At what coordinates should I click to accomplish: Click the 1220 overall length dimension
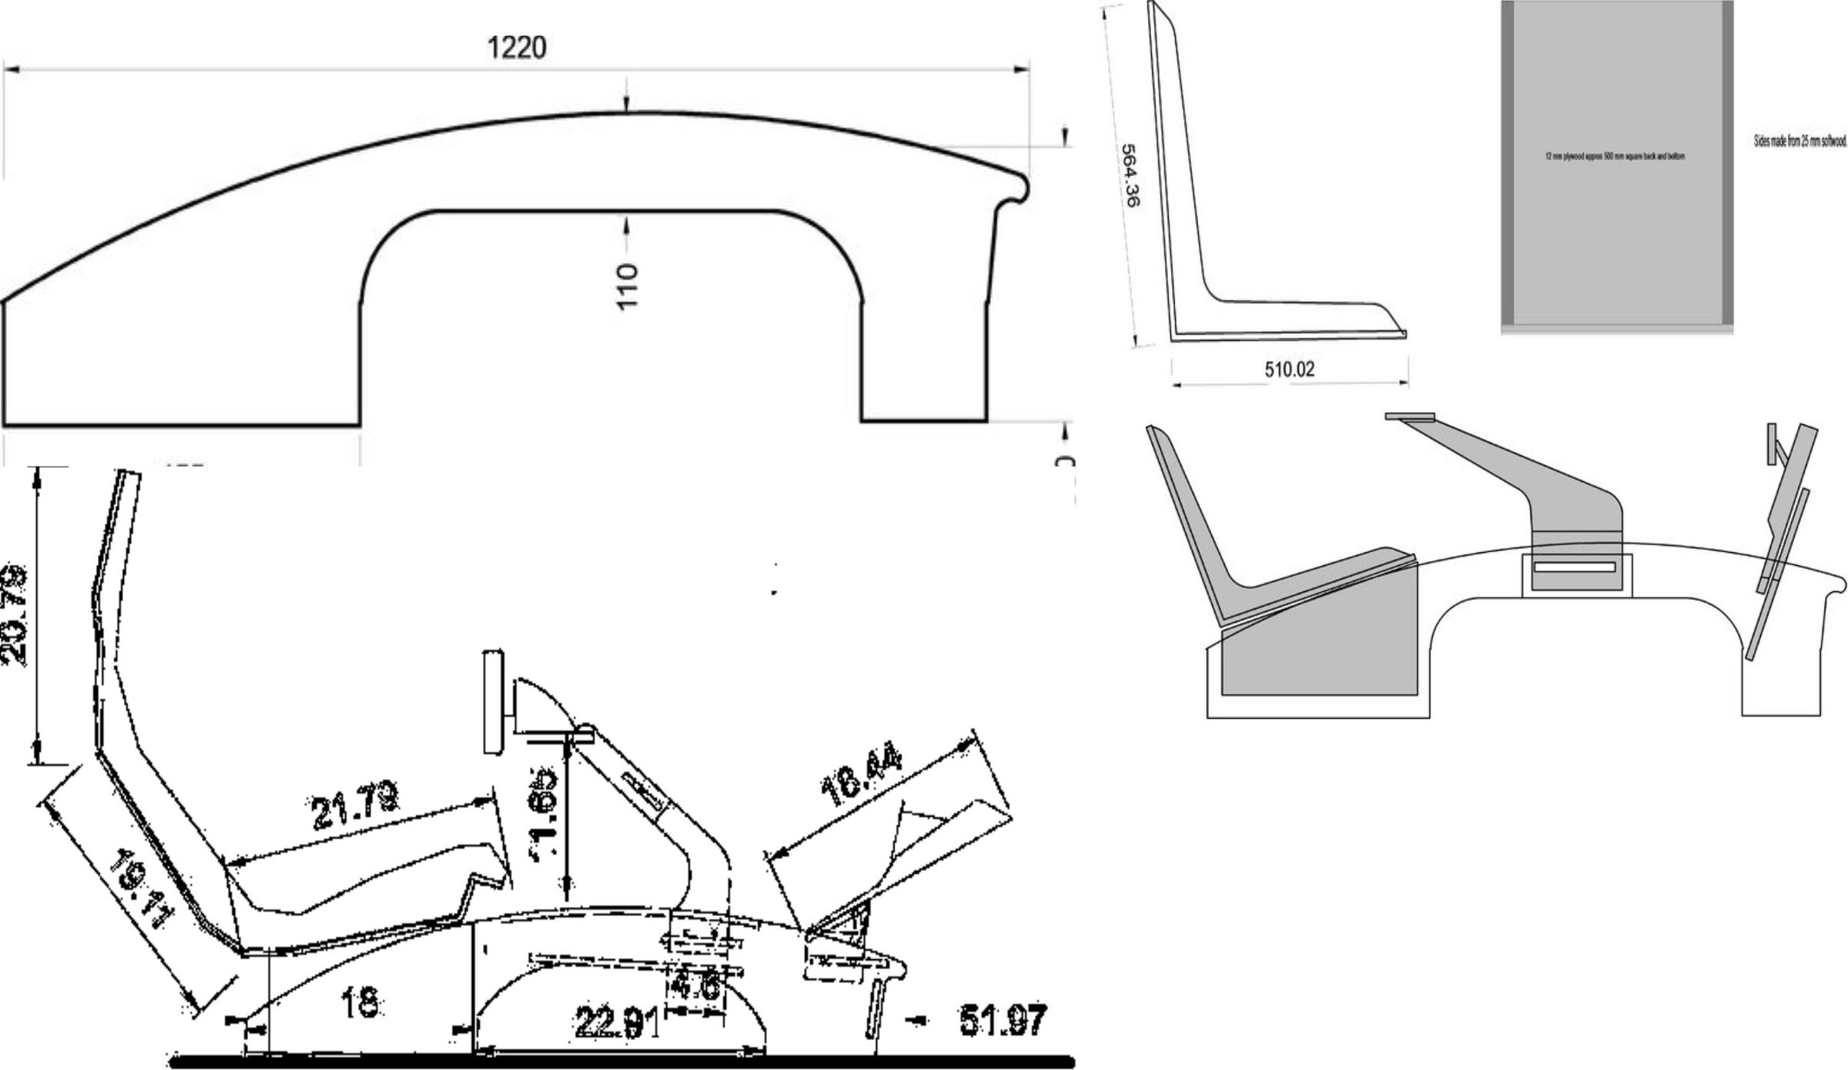(x=517, y=48)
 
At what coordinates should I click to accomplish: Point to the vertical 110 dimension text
(x=628, y=286)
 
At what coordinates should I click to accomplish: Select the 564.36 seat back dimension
(x=1130, y=176)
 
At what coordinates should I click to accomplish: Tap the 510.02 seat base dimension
(x=1289, y=369)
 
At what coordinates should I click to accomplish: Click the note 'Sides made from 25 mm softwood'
(x=1799, y=142)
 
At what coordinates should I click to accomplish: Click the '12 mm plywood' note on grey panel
(x=1615, y=156)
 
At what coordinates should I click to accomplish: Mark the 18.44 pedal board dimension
(x=860, y=777)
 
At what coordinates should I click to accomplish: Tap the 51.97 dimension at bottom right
(x=1003, y=1020)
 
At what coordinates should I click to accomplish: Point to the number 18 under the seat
(x=359, y=1002)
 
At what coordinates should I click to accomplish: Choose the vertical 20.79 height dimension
(x=14, y=616)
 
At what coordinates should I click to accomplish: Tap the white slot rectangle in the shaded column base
(x=1575, y=567)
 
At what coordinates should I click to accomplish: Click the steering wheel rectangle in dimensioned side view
(x=493, y=702)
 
